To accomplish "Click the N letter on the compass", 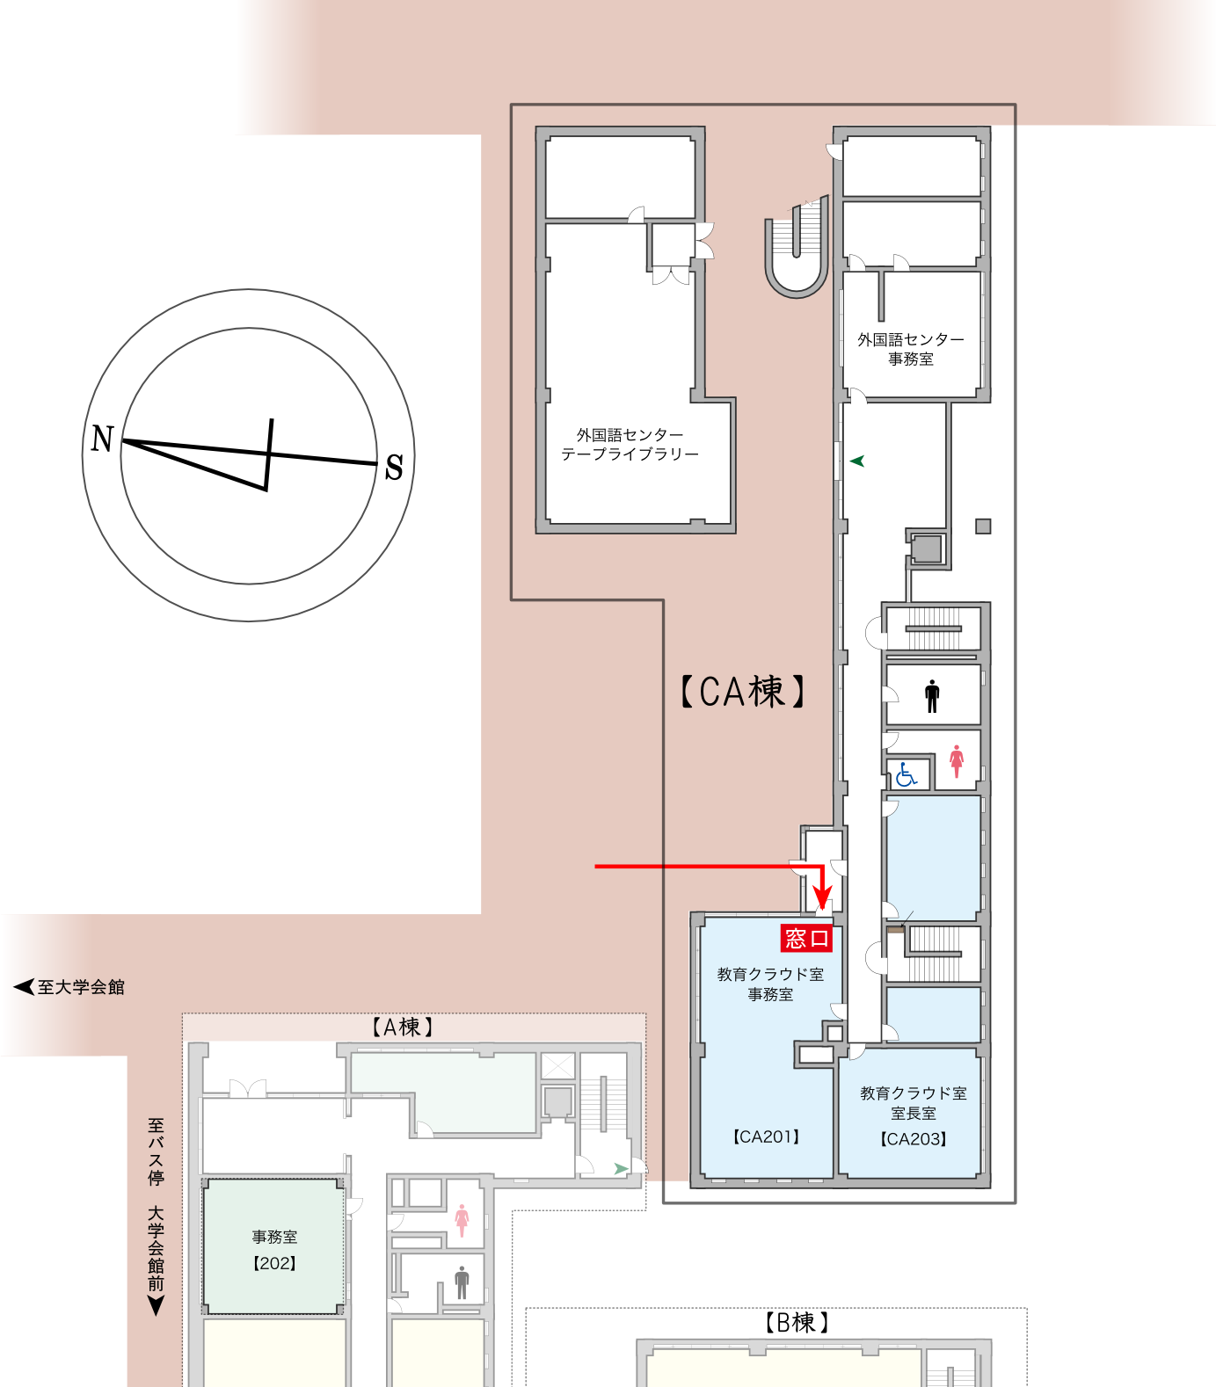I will [x=103, y=438].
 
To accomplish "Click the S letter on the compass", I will [x=394, y=467].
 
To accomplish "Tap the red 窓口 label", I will [x=806, y=939].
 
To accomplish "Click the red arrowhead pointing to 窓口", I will [x=823, y=898].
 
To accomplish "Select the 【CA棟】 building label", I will [x=742, y=692].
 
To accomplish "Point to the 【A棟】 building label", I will [x=402, y=1027].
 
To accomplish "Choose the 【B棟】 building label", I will [x=797, y=1322].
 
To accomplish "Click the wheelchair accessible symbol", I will [x=906, y=775].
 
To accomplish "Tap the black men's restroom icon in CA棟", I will [x=932, y=696].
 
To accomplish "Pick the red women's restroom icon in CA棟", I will [x=957, y=761].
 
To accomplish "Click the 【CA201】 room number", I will [x=766, y=1136].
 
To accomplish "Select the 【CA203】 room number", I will [x=914, y=1139].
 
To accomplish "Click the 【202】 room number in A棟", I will [x=274, y=1263].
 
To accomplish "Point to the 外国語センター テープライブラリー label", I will [x=630, y=445].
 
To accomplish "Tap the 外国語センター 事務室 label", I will [x=911, y=349].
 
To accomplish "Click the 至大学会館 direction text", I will [x=80, y=987].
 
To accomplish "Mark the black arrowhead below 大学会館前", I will [x=156, y=1306].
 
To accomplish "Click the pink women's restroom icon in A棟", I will [x=462, y=1220].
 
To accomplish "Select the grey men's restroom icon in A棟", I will [x=462, y=1282].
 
